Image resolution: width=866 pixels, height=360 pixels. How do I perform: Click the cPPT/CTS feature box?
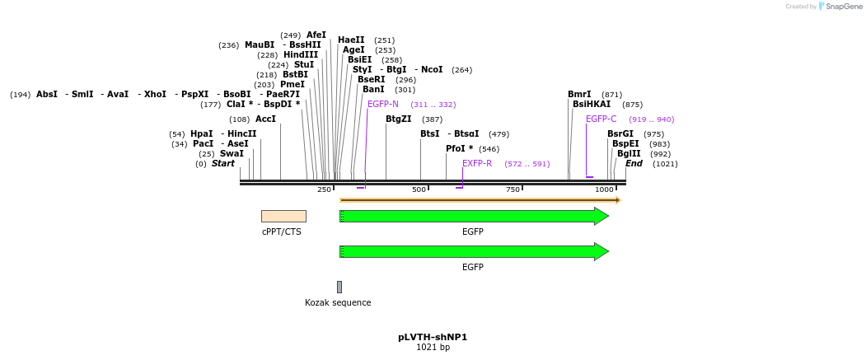[x=283, y=216]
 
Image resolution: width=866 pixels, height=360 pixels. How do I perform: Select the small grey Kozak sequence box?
[x=339, y=287]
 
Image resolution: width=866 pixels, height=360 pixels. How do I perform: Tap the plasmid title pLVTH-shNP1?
[x=433, y=337]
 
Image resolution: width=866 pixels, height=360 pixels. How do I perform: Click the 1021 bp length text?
[x=433, y=348]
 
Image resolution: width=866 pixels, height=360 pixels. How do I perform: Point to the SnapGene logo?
[x=839, y=7]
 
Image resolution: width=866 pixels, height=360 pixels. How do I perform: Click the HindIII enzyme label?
[x=301, y=55]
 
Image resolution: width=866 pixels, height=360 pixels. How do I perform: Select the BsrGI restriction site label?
[x=620, y=133]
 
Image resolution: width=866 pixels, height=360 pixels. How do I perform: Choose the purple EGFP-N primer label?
[x=383, y=104]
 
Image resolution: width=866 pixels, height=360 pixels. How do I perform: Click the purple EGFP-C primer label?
[x=601, y=119]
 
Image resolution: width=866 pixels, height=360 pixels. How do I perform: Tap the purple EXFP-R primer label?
[x=477, y=163]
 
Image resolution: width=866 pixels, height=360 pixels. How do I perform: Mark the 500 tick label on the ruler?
[x=419, y=190]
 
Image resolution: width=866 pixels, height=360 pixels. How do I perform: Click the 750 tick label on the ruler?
[x=513, y=190]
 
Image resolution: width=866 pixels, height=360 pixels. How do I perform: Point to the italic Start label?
[x=223, y=163]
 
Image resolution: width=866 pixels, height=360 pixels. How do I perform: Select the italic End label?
[x=634, y=163]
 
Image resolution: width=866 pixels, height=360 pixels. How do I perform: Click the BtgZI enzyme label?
[x=398, y=119]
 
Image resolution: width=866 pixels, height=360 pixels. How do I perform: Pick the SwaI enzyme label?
[x=232, y=153]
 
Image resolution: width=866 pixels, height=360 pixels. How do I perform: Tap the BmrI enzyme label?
[x=579, y=94]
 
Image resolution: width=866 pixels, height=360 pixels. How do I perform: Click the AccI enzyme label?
[x=265, y=119]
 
